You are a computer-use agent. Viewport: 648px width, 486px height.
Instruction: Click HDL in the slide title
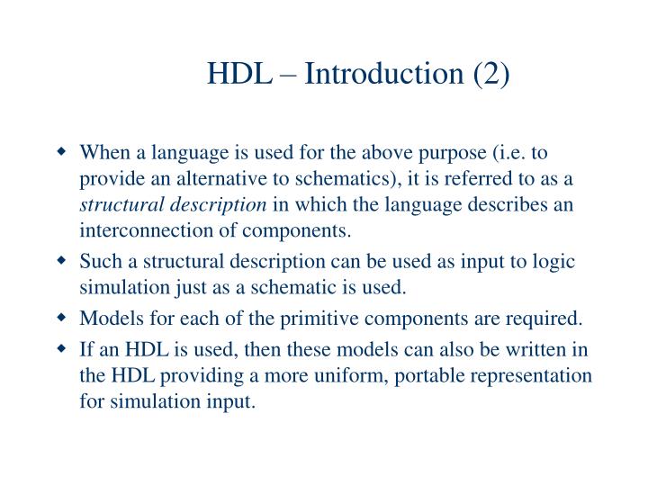pyautogui.click(x=239, y=73)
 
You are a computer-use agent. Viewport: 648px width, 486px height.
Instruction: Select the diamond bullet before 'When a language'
pyautogui.click(x=63, y=152)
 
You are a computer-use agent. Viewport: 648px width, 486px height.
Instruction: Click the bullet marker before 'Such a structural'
pyautogui.click(x=63, y=262)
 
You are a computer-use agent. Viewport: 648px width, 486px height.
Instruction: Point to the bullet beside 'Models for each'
pyautogui.click(x=63, y=318)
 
